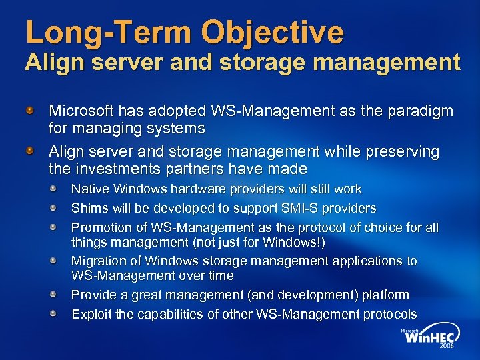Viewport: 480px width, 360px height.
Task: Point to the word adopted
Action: pyautogui.click(x=168, y=111)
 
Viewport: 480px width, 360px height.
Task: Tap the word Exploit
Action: pyautogui.click(x=91, y=314)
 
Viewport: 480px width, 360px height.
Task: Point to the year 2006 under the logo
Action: pyautogui.click(x=446, y=347)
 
